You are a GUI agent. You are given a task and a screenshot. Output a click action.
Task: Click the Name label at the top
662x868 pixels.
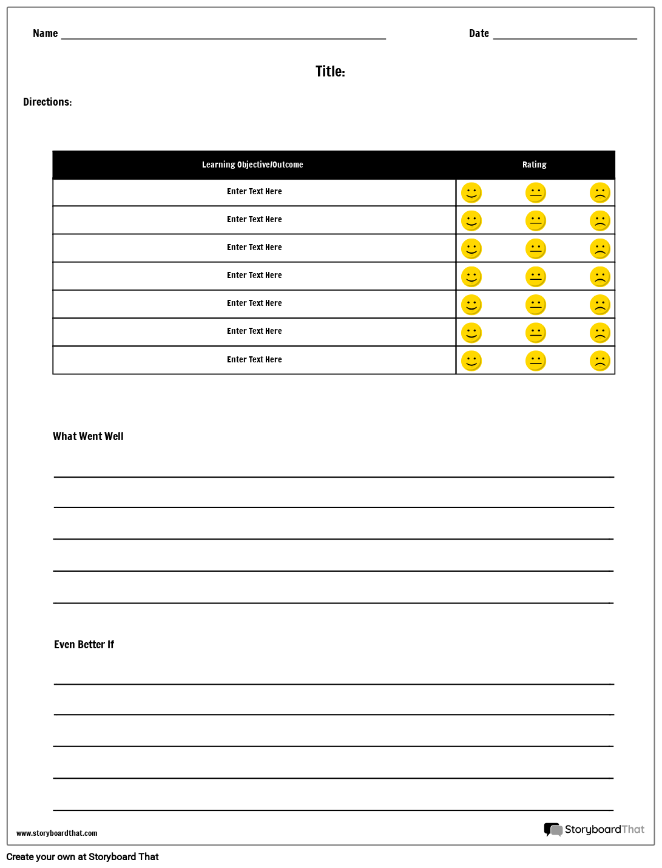tap(45, 33)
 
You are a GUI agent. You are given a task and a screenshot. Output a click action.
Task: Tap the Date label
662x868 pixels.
tap(479, 33)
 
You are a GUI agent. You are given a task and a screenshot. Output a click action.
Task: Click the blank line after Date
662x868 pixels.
tap(565, 38)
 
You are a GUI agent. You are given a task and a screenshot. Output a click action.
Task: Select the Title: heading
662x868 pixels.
tap(330, 72)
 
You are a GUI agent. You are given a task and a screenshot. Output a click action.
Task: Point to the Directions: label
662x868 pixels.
tap(47, 102)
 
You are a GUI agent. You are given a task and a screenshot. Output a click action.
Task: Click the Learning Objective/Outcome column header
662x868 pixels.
tap(252, 164)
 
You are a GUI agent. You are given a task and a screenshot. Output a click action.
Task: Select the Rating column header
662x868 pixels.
tap(534, 164)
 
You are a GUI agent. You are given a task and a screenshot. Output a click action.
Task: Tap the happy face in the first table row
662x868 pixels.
tap(471, 193)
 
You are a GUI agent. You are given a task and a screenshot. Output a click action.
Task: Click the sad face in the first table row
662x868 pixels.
tap(600, 193)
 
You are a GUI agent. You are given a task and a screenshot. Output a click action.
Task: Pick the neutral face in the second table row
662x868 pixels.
tap(536, 221)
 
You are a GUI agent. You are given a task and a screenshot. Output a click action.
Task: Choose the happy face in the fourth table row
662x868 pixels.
tap(471, 277)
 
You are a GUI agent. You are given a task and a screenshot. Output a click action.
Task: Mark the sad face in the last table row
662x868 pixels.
tap(600, 361)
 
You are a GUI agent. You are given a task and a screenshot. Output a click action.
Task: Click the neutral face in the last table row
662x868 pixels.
tap(536, 361)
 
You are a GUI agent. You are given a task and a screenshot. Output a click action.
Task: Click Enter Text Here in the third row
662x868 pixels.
tap(254, 248)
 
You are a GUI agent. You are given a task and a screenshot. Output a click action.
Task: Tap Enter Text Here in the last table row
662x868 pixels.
tap(254, 360)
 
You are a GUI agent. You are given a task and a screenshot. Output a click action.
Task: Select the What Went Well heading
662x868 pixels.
tap(88, 436)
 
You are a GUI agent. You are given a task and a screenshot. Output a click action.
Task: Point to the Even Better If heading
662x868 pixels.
tap(84, 645)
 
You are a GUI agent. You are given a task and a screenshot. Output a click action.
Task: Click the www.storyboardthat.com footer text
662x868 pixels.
tap(56, 833)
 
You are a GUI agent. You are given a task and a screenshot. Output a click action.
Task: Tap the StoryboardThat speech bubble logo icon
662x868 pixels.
tap(553, 830)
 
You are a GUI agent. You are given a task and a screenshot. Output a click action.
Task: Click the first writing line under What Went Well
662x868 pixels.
tap(334, 476)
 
